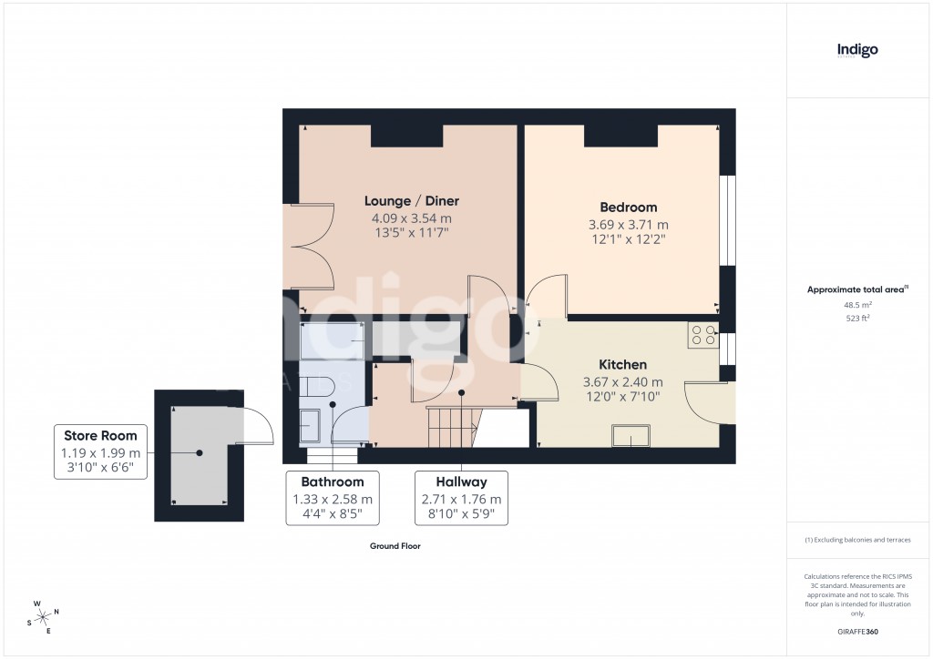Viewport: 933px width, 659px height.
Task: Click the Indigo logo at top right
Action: (857, 51)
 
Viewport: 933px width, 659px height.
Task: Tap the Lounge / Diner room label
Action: (412, 201)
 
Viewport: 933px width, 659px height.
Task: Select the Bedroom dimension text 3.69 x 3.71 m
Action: (628, 225)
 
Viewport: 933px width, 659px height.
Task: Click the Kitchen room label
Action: (622, 364)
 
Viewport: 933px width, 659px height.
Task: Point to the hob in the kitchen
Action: (703, 335)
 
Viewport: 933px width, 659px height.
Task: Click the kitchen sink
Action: (631, 438)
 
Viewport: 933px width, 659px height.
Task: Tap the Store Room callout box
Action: (100, 448)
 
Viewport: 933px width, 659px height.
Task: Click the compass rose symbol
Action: (44, 617)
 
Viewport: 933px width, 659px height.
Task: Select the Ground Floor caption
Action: (395, 546)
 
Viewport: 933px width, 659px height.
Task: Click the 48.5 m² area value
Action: (857, 306)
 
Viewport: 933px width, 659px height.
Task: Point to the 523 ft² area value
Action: (857, 319)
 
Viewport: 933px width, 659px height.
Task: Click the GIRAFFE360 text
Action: (857, 632)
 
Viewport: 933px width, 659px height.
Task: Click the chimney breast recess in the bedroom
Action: (620, 136)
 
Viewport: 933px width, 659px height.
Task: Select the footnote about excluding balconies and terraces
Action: (857, 540)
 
